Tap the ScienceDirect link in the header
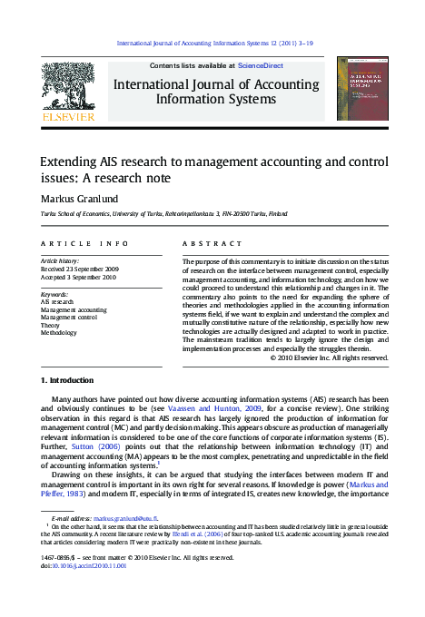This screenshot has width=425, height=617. (x=260, y=66)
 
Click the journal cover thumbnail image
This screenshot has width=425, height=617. (x=362, y=88)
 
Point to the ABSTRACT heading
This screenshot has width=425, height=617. (x=211, y=244)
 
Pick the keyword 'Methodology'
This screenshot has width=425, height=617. (x=60, y=334)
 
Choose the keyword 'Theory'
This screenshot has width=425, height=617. (x=51, y=326)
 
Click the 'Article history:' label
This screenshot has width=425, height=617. (x=62, y=261)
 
